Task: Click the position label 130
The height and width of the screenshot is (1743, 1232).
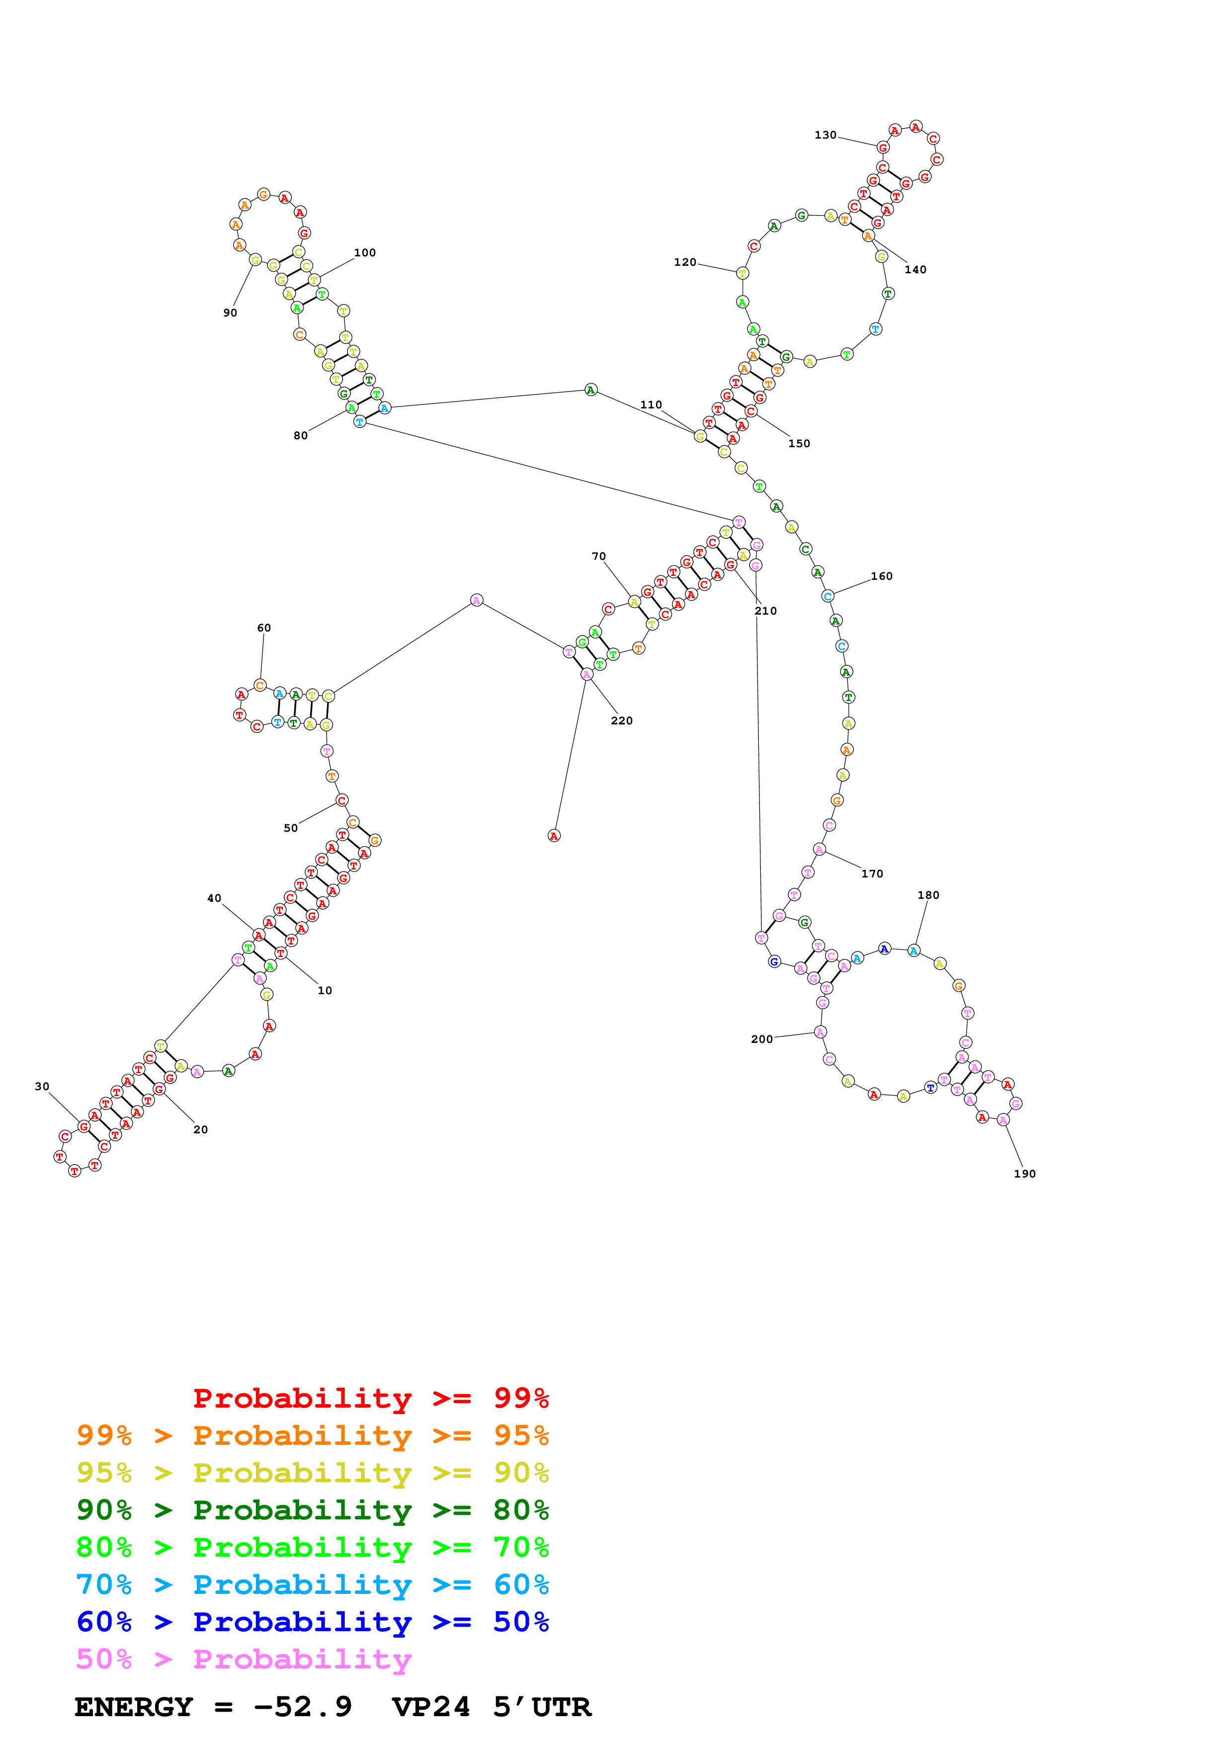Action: [x=825, y=135]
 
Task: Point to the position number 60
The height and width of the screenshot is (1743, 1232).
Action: [x=263, y=628]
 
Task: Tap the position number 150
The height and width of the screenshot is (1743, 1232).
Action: [x=799, y=443]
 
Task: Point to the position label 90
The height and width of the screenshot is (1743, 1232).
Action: [x=230, y=313]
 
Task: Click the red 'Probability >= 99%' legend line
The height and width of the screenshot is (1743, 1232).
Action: [x=370, y=1398]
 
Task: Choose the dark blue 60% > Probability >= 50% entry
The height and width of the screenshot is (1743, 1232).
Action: [x=312, y=1622]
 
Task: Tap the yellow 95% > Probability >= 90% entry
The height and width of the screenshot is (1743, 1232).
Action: [x=312, y=1473]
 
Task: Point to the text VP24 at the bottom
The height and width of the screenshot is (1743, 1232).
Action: [x=430, y=1707]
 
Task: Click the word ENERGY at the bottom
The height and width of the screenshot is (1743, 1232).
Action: [x=134, y=1707]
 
